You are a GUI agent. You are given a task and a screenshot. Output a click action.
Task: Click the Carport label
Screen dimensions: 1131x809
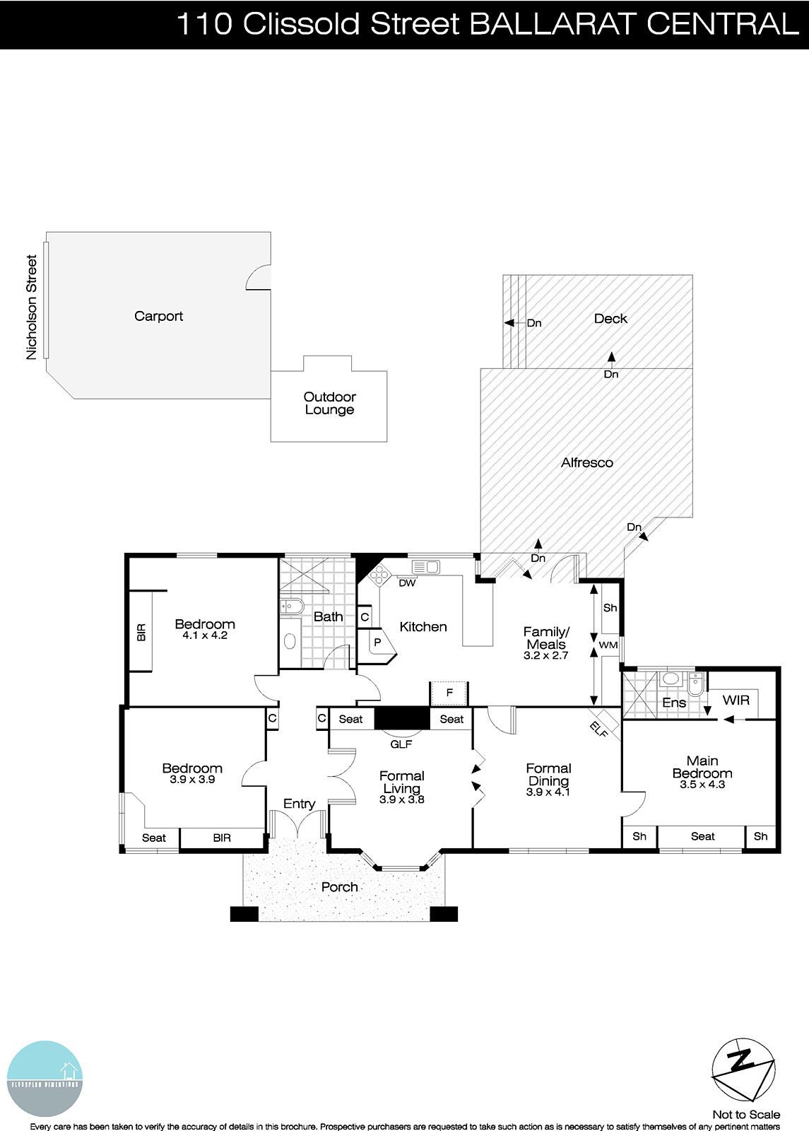click(158, 316)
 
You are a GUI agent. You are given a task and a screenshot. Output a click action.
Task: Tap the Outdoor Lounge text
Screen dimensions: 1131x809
click(329, 403)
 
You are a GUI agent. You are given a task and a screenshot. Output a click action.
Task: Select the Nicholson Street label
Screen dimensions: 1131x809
click(31, 307)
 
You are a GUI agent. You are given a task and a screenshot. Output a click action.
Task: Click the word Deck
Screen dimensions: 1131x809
click(610, 319)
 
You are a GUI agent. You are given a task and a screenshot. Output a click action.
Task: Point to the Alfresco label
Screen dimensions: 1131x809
click(586, 462)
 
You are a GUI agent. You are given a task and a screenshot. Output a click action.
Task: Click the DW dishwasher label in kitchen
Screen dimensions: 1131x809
click(407, 583)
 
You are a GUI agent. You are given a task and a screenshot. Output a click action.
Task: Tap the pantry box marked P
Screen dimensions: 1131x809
click(377, 643)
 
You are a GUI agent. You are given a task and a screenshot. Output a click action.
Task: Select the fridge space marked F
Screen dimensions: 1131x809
click(449, 693)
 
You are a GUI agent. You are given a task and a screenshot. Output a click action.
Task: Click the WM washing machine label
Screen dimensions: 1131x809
click(608, 645)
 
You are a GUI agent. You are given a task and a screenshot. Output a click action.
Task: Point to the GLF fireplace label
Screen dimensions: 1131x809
click(401, 744)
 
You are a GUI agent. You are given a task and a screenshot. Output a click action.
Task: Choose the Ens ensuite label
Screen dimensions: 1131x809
click(673, 703)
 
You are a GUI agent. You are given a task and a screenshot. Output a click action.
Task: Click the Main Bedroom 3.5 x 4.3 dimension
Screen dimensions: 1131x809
click(702, 784)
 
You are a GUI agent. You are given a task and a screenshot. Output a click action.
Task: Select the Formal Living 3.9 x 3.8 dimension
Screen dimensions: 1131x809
click(401, 799)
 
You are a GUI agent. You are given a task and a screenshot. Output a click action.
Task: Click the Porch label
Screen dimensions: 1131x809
click(339, 886)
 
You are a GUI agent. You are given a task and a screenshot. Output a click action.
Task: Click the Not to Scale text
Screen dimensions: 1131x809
click(746, 1115)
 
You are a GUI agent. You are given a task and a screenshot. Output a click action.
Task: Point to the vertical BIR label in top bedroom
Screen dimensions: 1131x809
click(141, 631)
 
